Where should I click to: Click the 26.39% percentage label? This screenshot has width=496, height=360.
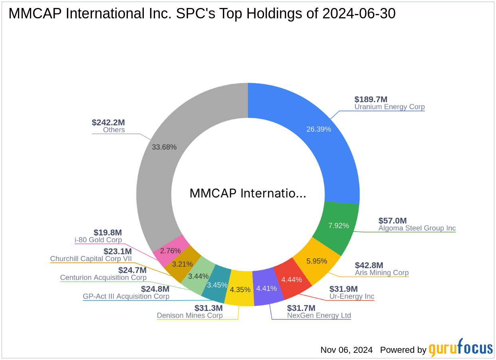pos(319,129)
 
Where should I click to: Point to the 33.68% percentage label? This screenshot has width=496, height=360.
pos(164,146)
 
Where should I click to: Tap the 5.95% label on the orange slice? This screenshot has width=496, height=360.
pos(316,261)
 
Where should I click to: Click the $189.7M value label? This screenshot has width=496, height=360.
pos(371,99)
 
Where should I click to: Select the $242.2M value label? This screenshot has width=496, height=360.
pos(108,123)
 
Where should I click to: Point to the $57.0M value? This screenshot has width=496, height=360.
pos(393,221)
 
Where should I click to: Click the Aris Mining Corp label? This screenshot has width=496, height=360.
pos(382,273)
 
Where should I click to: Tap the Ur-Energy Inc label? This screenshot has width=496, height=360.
pos(352,296)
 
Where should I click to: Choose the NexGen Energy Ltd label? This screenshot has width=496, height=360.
pos(319,315)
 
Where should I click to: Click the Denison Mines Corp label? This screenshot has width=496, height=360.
pos(190,315)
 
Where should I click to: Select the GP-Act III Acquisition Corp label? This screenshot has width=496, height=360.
pos(126,297)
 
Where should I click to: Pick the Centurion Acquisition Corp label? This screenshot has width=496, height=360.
pos(103,277)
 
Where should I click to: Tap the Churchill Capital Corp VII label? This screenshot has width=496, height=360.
pos(91,259)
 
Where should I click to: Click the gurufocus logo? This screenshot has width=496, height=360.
pos(461,348)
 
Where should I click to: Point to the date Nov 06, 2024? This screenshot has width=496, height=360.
pos(346,350)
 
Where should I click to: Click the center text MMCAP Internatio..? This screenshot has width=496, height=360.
pos(248,194)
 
